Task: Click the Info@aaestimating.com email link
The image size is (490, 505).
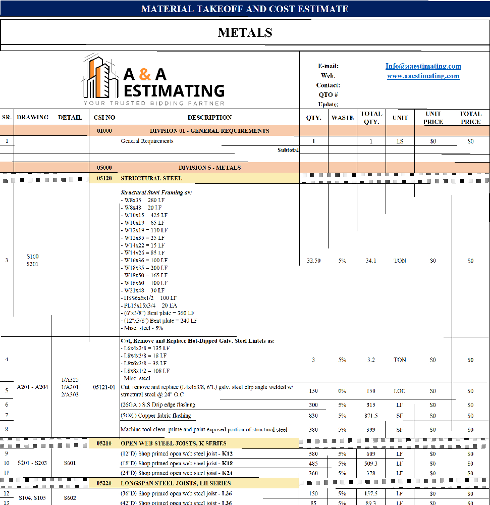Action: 423,66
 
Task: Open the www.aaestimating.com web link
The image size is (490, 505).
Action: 423,76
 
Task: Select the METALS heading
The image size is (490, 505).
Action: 245,33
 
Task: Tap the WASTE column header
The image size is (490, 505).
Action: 343,118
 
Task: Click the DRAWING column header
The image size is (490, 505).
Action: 33,117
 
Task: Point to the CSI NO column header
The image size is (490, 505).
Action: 104,118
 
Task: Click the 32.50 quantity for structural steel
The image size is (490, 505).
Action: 313,261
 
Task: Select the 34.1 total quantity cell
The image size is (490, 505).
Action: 371,261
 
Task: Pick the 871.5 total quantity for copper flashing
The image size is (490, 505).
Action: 371,416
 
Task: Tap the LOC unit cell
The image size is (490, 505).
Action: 400,391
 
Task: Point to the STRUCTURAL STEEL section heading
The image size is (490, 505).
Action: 151,178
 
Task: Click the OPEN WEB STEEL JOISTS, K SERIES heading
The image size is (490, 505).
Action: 173,443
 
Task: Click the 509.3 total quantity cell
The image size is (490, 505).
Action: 371,463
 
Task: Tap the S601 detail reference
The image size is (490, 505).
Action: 70,463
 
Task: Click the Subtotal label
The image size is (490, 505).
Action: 288,150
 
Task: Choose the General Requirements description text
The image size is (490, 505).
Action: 147,141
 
